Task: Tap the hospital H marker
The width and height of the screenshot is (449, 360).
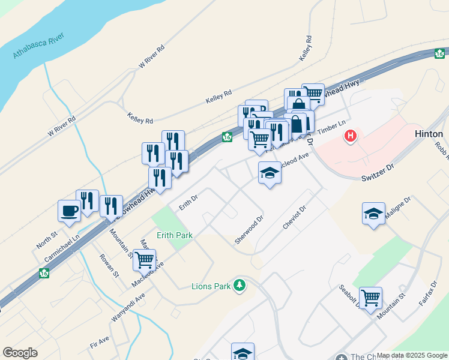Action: click(350, 136)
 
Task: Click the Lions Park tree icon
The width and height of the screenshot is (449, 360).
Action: click(240, 285)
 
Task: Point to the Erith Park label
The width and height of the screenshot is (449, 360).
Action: click(175, 235)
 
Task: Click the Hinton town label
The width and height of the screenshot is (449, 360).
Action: click(429, 134)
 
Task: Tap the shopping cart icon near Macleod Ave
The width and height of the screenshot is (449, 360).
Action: click(145, 260)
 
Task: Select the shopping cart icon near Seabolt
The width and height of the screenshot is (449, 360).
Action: click(371, 296)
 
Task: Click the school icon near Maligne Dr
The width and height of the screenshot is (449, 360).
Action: click(373, 214)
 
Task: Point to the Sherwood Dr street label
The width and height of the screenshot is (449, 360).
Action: click(249, 230)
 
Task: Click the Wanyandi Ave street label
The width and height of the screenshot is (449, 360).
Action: click(128, 307)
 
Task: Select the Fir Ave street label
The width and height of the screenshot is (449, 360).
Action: click(100, 342)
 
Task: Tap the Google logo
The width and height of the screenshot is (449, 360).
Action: click(20, 353)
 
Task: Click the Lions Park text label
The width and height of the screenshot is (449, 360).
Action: click(211, 286)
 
